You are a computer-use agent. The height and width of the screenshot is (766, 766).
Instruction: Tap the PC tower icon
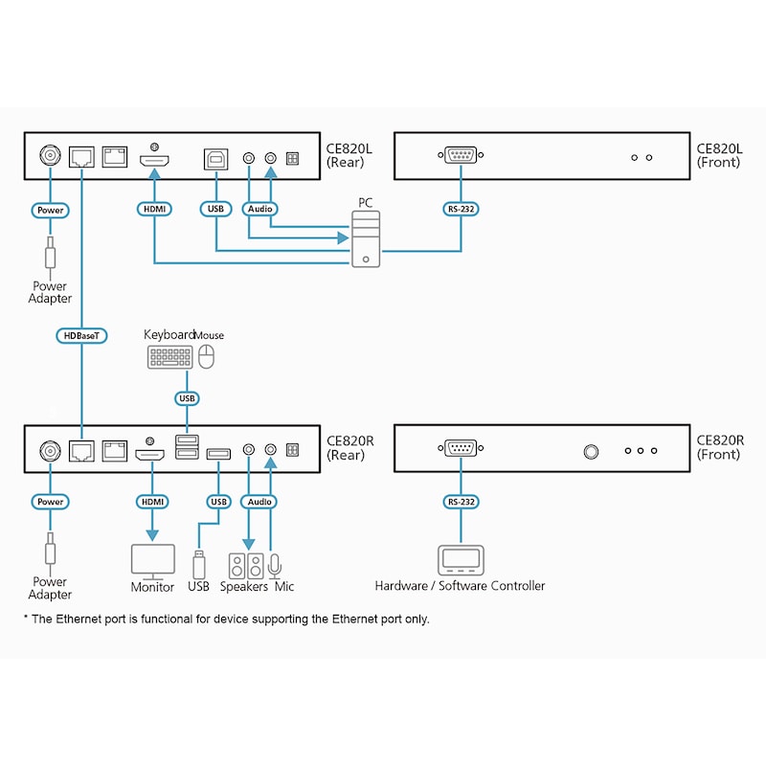tap(365, 239)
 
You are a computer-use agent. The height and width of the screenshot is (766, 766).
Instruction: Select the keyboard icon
tap(169, 357)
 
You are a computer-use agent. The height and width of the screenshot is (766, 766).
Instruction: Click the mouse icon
tap(207, 357)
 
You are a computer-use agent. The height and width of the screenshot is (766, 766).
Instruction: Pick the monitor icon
tap(152, 559)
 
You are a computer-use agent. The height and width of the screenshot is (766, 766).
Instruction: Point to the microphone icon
tap(275, 565)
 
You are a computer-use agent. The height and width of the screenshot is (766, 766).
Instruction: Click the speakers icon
tap(245, 565)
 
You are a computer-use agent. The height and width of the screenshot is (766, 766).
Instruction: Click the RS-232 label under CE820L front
tap(461, 207)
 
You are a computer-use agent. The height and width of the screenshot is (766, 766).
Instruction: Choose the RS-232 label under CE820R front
tap(461, 501)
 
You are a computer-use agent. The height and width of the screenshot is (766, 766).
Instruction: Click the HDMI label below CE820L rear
tap(153, 208)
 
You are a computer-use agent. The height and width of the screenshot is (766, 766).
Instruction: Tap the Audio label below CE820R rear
tap(259, 501)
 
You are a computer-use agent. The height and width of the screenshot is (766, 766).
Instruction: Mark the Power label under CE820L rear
tap(49, 209)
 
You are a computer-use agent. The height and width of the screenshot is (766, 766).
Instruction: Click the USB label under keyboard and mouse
tap(187, 397)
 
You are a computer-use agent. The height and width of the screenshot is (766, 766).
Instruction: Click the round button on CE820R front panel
tap(591, 450)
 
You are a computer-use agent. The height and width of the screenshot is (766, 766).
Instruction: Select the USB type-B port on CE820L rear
tap(213, 157)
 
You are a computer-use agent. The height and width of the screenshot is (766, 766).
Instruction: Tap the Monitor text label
tap(152, 586)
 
